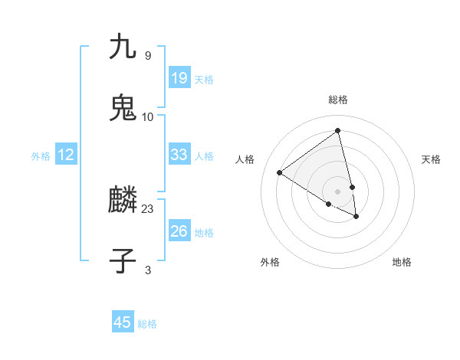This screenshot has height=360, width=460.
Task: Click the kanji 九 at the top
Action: pyautogui.click(x=123, y=47)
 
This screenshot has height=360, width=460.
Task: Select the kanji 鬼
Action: pyautogui.click(x=123, y=108)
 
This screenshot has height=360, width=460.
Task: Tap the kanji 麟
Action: pyautogui.click(x=123, y=201)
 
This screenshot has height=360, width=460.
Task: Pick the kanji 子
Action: pyautogui.click(x=123, y=260)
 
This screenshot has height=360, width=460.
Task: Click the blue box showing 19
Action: pyautogui.click(x=179, y=78)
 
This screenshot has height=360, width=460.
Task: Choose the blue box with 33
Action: pyautogui.click(x=179, y=155)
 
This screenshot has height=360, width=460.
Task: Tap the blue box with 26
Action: pyautogui.click(x=179, y=231)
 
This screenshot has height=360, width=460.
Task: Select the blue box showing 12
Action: pyautogui.click(x=65, y=155)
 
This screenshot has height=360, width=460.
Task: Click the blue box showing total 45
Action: pyautogui.click(x=123, y=322)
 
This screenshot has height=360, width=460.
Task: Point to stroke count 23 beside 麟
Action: pyautogui.click(x=148, y=208)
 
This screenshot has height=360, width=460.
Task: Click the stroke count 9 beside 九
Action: pyautogui.click(x=148, y=55)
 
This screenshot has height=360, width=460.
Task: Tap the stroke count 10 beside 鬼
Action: pyautogui.click(x=148, y=116)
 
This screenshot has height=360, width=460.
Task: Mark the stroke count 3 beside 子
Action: pyautogui.click(x=148, y=269)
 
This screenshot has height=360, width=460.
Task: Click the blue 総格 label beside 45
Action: pyautogui.click(x=147, y=324)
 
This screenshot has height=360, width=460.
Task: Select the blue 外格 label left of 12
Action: pyautogui.click(x=41, y=156)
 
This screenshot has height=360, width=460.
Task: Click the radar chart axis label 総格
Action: pyautogui.click(x=337, y=100)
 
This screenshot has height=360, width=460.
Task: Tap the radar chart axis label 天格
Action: pyautogui.click(x=432, y=159)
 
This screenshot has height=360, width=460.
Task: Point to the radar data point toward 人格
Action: pyautogui.click(x=280, y=172)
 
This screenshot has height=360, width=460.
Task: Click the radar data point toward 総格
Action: pyautogui.click(x=337, y=130)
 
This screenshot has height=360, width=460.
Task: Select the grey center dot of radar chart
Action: pyautogui.click(x=337, y=191)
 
